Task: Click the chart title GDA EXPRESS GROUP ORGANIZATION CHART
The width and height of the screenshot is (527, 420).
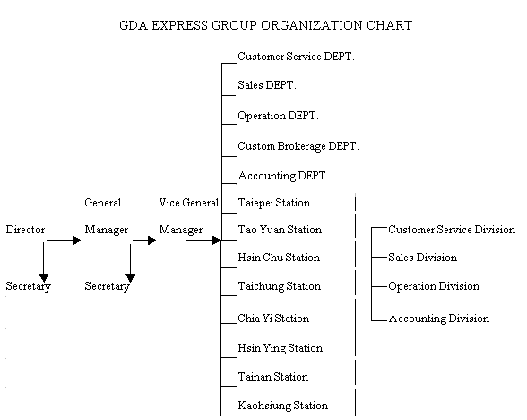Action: [266, 25]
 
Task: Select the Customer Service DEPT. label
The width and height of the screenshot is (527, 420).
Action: [296, 57]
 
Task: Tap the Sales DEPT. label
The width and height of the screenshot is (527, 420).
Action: [267, 85]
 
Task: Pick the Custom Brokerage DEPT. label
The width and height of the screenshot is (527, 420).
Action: [298, 146]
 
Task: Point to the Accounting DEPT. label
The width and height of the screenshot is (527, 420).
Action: [283, 176]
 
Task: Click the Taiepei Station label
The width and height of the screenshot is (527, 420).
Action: [274, 203]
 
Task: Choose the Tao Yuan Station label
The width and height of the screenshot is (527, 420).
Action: [280, 230]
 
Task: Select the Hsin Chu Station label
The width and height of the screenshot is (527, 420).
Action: [279, 258]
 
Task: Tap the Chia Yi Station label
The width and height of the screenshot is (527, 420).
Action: [273, 319]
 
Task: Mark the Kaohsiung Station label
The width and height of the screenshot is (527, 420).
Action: [283, 406]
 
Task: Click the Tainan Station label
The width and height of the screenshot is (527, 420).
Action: [272, 377]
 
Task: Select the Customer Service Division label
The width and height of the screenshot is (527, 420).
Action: [452, 230]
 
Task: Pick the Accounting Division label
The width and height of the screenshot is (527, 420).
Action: [439, 319]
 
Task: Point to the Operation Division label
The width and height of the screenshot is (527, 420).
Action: [434, 286]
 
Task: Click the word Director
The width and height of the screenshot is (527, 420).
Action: [25, 230]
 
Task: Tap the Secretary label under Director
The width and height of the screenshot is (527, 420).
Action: [29, 286]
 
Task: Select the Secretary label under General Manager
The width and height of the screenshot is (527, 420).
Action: [107, 286]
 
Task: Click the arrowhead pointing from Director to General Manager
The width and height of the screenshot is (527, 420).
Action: [77, 241]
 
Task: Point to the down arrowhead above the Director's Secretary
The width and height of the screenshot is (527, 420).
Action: [44, 278]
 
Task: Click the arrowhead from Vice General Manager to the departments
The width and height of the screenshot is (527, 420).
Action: [217, 241]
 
